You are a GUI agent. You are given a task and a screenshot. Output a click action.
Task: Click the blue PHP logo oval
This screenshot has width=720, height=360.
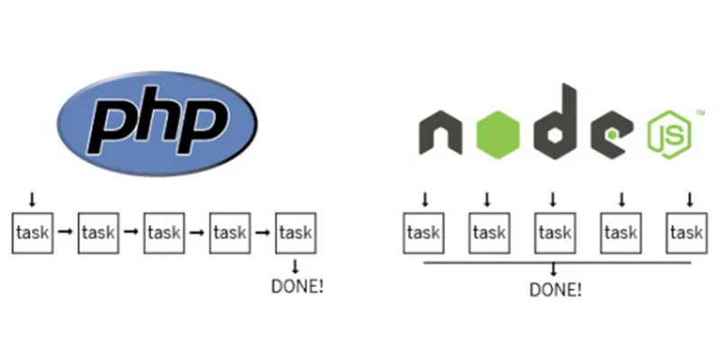click(x=157, y=124)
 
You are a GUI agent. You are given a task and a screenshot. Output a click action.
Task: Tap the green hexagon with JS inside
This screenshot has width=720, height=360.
click(x=668, y=137)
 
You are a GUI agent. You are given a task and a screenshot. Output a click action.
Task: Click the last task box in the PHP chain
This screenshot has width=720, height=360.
click(x=296, y=232)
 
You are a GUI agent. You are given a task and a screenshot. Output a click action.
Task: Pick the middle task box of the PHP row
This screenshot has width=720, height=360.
click(x=165, y=232)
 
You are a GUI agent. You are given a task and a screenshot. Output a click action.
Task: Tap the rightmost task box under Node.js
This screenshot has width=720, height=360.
click(x=686, y=232)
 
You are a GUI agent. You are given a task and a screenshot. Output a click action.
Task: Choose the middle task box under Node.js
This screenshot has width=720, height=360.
click(x=554, y=232)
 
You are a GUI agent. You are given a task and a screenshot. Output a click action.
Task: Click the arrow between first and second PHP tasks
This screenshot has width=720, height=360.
click(x=67, y=232)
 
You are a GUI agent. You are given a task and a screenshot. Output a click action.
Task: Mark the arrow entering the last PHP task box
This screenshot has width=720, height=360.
click(x=264, y=232)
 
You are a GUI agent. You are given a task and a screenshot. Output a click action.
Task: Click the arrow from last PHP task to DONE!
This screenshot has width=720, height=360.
click(x=296, y=266)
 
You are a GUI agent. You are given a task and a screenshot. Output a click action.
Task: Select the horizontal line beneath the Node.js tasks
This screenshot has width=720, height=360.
click(x=554, y=262)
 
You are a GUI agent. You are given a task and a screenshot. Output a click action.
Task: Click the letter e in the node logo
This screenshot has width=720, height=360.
click(x=610, y=137)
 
